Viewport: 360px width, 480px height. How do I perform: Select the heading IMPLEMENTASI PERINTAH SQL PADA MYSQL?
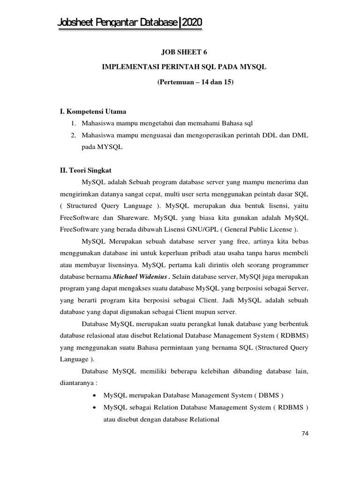184,67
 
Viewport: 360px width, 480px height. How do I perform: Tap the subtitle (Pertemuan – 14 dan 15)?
195,82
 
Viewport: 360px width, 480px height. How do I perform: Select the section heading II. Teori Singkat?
82,171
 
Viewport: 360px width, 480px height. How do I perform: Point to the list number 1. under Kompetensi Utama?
74,124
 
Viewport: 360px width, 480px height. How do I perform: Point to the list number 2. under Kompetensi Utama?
74,135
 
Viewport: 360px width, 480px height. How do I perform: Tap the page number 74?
305,433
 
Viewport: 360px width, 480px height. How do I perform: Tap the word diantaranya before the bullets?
76,382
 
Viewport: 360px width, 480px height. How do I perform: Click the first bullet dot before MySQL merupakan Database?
96,395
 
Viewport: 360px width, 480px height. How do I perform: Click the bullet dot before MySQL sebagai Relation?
96,407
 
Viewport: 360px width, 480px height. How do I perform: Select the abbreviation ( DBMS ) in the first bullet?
269,395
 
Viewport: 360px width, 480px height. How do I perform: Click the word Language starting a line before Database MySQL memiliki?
74,359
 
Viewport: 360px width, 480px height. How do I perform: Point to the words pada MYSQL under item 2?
102,147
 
